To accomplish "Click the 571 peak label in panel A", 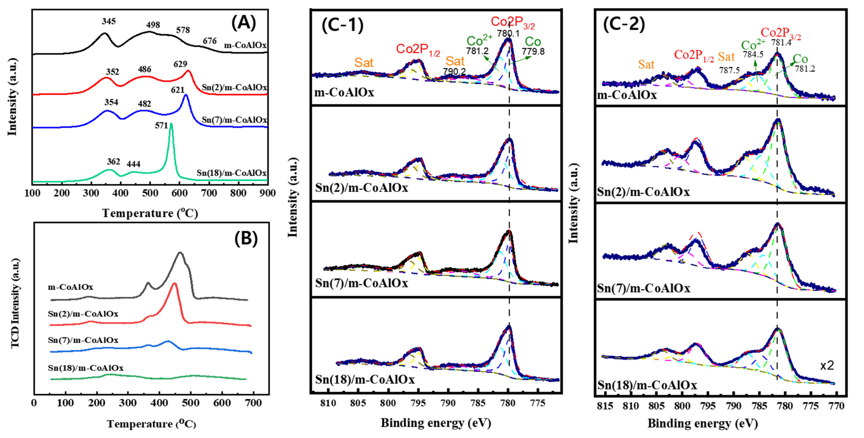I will [161, 125].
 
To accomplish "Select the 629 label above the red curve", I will [181, 64].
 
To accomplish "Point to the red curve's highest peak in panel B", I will [174, 284].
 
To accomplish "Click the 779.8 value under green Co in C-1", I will [533, 51].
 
